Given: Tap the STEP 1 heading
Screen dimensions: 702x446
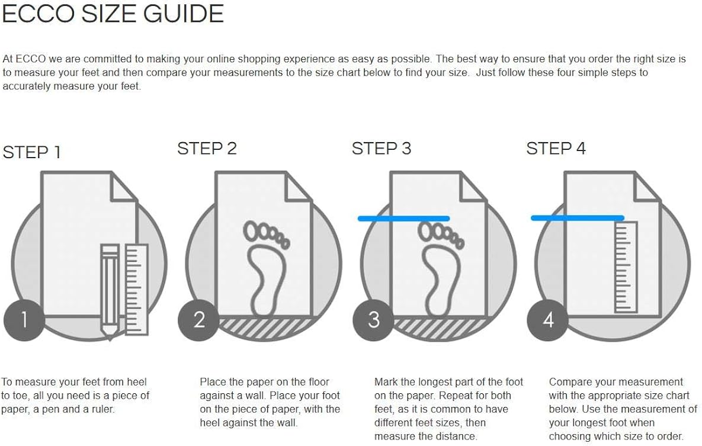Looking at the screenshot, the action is tap(31, 152).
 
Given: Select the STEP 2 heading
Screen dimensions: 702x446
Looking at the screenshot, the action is tap(207, 148).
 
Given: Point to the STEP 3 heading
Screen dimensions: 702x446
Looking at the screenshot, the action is tap(382, 148).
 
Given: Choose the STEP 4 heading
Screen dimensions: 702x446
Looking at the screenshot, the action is tap(556, 148).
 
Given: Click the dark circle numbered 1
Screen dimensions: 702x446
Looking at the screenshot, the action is tap(24, 320).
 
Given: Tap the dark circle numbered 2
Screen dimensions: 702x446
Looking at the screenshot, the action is tap(199, 320).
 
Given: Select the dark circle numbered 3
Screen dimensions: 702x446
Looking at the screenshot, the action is tap(373, 320).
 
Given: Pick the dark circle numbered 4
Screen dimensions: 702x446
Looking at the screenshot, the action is tap(548, 320).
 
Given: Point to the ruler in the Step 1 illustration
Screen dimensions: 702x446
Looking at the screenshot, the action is tap(137, 289).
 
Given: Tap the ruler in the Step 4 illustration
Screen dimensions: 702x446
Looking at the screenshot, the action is tap(626, 267).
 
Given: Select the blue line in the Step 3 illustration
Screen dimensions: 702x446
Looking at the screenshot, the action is tap(404, 219).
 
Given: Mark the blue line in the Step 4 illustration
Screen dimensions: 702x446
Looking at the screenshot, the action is tap(578, 218).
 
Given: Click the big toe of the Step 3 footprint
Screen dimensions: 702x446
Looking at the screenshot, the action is tap(426, 230).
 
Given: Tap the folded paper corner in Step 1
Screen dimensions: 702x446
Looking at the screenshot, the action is tap(124, 186).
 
